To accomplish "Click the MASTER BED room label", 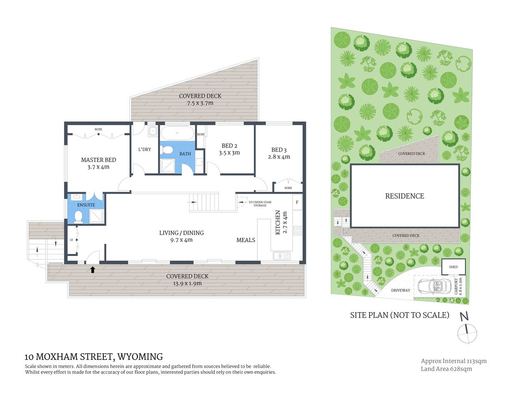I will click(x=98, y=160).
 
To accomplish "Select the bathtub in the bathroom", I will click(x=177, y=133).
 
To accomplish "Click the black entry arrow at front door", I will click(x=92, y=270).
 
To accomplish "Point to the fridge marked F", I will click(x=297, y=203).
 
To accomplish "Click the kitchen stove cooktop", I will click(x=297, y=230).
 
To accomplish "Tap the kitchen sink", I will click(x=282, y=256).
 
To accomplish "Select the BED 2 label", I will click(x=229, y=146).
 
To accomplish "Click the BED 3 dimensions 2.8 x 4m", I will click(x=279, y=157).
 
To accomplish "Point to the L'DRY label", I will click(x=144, y=149).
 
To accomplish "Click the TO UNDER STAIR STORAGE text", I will click(x=260, y=204).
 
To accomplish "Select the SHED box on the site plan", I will click(x=453, y=267).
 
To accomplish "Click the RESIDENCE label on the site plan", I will click(x=405, y=196).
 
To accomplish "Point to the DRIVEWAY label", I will click(x=400, y=290).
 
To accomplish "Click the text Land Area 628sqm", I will click(x=446, y=369).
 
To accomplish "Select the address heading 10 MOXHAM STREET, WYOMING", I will click(x=94, y=357).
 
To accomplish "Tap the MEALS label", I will click(x=246, y=240).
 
